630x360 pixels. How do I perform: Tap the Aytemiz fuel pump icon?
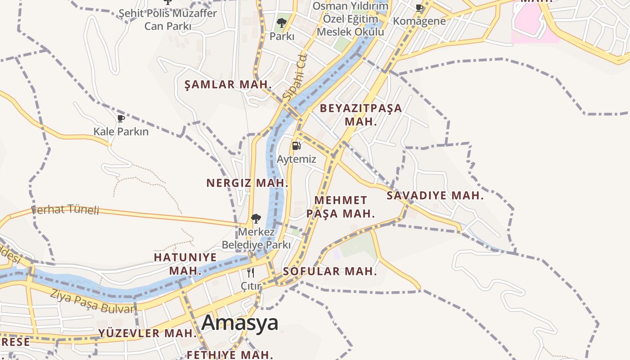click(296, 145)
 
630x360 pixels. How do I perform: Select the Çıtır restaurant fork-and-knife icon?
click(251, 272)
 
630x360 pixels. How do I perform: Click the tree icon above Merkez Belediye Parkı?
click(256, 219)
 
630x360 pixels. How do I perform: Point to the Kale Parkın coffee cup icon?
click(121, 118)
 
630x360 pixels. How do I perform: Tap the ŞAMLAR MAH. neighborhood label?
click(229, 84)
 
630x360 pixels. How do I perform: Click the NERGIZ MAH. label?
click(247, 183)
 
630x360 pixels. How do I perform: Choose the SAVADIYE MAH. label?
click(435, 195)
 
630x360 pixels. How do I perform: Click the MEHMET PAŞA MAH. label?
click(341, 207)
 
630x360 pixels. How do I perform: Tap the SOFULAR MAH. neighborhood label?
click(330, 271)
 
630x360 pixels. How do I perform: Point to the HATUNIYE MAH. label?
click(185, 264)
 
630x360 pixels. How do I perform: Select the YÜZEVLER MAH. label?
click(148, 333)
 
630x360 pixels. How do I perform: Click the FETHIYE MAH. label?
click(229, 355)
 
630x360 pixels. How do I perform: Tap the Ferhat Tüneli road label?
click(65, 209)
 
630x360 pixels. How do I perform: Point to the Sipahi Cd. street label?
click(295, 76)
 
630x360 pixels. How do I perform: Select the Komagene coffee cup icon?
click(419, 7)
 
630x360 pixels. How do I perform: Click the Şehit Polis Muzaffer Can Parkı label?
click(167, 20)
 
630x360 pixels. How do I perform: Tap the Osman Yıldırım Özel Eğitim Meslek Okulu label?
click(350, 19)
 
